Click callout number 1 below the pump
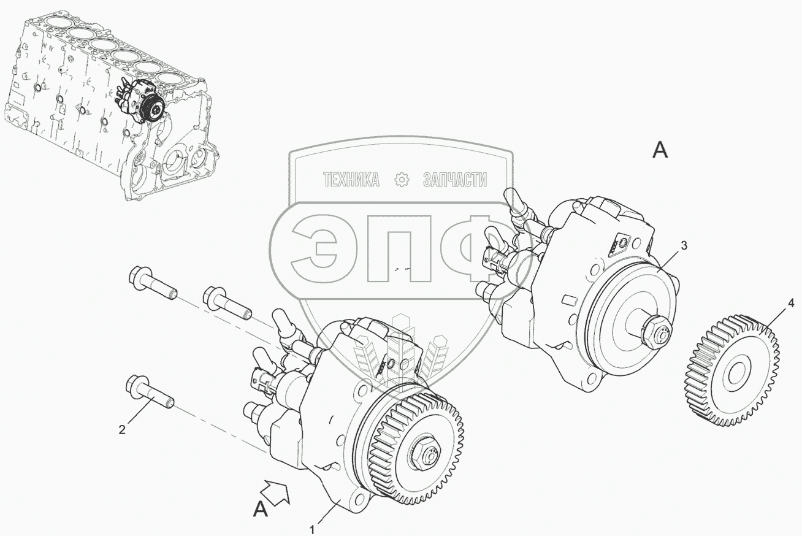tap(313, 529)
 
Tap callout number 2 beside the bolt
tap(123, 429)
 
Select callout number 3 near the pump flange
tap(684, 246)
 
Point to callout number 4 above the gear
tap(791, 304)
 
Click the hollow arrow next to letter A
tap(277, 492)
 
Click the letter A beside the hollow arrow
tap(261, 509)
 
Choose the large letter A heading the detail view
tap(660, 150)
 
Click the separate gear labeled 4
tap(731, 370)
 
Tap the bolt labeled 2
tap(149, 393)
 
